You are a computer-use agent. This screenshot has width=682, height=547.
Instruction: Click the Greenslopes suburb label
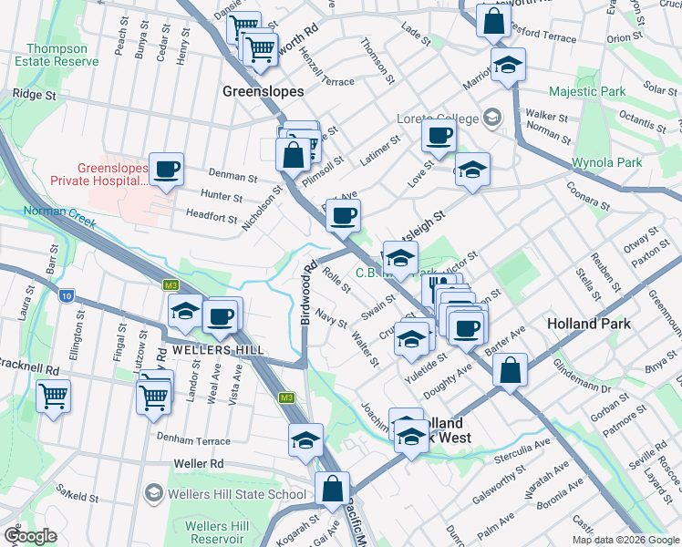263,92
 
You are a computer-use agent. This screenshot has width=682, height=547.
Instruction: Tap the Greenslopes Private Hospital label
112,174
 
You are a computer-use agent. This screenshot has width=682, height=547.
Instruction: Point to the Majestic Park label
587,92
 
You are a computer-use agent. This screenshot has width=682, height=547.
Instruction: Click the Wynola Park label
606,163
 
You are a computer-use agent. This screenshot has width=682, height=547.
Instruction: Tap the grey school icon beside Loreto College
492,117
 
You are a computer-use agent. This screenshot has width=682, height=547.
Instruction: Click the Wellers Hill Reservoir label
216,533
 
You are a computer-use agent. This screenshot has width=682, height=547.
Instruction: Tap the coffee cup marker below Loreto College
439,138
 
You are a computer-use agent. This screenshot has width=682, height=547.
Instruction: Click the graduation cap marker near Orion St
508,65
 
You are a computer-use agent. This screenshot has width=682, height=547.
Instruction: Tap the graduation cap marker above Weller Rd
305,439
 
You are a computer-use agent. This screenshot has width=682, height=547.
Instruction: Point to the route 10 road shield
67,295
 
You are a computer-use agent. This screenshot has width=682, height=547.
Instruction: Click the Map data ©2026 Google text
625,540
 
